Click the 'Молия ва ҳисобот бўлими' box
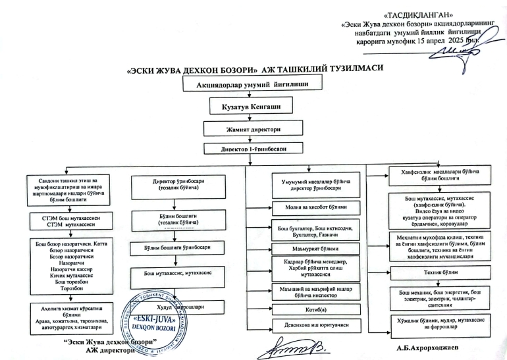[316, 207]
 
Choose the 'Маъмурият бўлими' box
[316, 249]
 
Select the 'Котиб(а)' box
[316, 308]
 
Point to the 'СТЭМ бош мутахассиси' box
[70, 219]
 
